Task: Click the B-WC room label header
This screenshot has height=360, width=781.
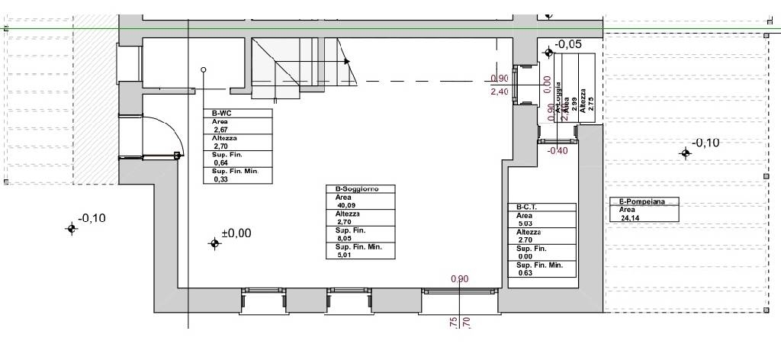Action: pyautogui.click(x=212, y=113)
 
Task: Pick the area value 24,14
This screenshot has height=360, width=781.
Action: pyautogui.click(x=622, y=217)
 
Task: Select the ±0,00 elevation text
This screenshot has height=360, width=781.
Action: pyautogui.click(x=236, y=233)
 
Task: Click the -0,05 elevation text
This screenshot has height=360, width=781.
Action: pyautogui.click(x=569, y=44)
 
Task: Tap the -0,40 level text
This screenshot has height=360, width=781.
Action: pyautogui.click(x=558, y=150)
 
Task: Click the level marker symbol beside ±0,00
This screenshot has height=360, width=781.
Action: pyautogui.click(x=214, y=243)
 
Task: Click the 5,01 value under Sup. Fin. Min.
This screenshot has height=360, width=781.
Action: pyautogui.click(x=345, y=256)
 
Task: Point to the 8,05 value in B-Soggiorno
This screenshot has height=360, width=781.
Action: pyautogui.click(x=345, y=238)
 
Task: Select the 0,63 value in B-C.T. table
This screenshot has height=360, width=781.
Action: pyautogui.click(x=525, y=273)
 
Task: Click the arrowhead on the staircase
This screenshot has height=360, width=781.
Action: pyautogui.click(x=347, y=61)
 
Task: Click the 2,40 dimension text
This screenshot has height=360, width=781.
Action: pyautogui.click(x=499, y=92)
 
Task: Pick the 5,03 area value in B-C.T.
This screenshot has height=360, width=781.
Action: pyautogui.click(x=525, y=223)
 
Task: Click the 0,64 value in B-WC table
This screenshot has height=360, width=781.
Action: pyautogui.click(x=221, y=162)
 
